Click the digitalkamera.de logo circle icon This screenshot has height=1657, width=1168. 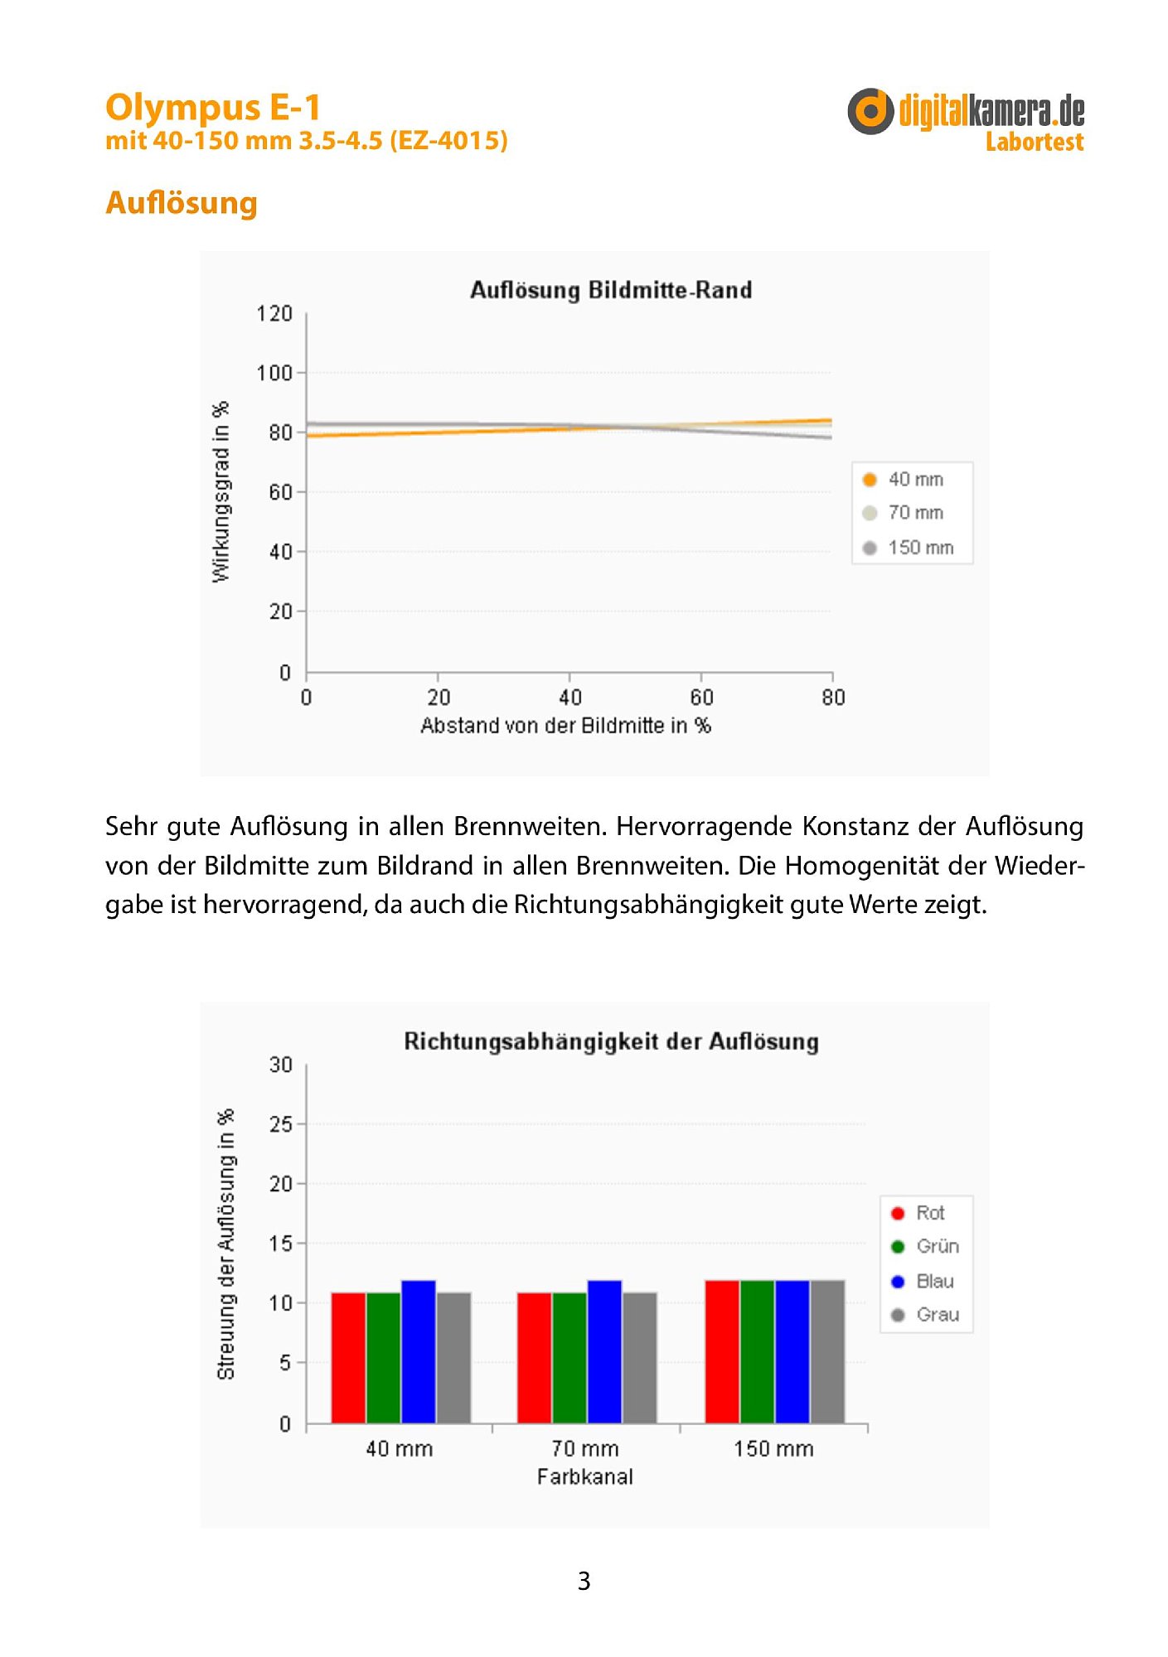coord(870,111)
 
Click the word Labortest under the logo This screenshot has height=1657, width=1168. coord(1034,142)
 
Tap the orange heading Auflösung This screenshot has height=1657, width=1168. coord(182,203)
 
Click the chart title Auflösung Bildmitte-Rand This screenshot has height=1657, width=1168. coord(611,290)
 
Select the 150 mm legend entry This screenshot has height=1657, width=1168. coord(909,548)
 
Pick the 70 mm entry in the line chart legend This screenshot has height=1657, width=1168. coord(904,513)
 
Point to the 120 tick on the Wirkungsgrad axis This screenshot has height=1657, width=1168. coord(274,314)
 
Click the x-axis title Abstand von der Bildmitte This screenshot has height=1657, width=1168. coord(565,726)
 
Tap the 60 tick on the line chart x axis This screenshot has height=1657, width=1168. coord(701,698)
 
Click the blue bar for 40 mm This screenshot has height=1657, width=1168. coord(419,1352)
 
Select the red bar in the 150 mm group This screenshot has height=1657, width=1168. coord(722,1352)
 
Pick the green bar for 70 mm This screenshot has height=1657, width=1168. coord(569,1358)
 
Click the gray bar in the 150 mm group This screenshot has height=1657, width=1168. coord(827,1352)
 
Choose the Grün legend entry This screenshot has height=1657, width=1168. coord(925,1247)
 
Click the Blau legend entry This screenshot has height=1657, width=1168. coord(923,1282)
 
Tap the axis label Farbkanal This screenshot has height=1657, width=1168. coord(585,1476)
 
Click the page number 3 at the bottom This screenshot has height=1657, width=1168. coord(584,1581)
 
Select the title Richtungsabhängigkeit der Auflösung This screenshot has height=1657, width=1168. coord(611,1042)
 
